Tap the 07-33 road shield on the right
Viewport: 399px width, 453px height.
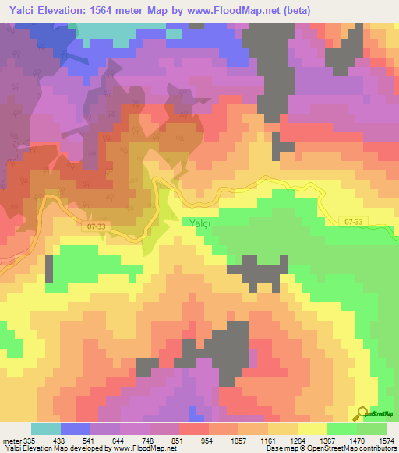click(353, 222)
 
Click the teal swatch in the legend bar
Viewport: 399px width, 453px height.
click(46, 429)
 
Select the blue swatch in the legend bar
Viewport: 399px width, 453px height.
click(76, 429)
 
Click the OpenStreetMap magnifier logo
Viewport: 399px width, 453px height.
click(362, 413)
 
